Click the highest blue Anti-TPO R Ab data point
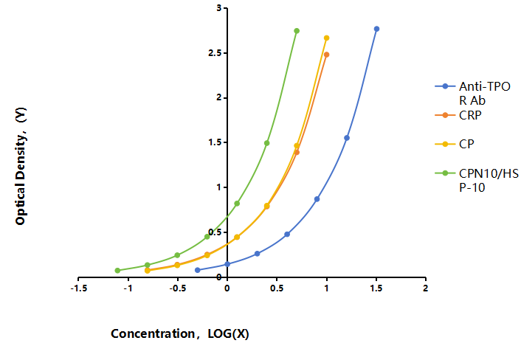point(376,29)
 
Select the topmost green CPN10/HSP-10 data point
point(297,31)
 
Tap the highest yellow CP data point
point(327,38)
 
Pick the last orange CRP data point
point(327,55)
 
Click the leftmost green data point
point(117,270)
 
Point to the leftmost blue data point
point(198,270)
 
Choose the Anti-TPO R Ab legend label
point(485,94)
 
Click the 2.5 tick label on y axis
point(215,53)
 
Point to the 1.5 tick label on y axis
point(215,142)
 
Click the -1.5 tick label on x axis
point(79,288)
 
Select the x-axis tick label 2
point(425,288)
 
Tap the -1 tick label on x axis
point(128,288)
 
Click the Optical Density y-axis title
point(21,166)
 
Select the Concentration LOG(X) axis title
point(180,333)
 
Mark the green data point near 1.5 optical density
point(267,143)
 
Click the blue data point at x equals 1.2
point(347,138)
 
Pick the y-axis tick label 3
point(219,8)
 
